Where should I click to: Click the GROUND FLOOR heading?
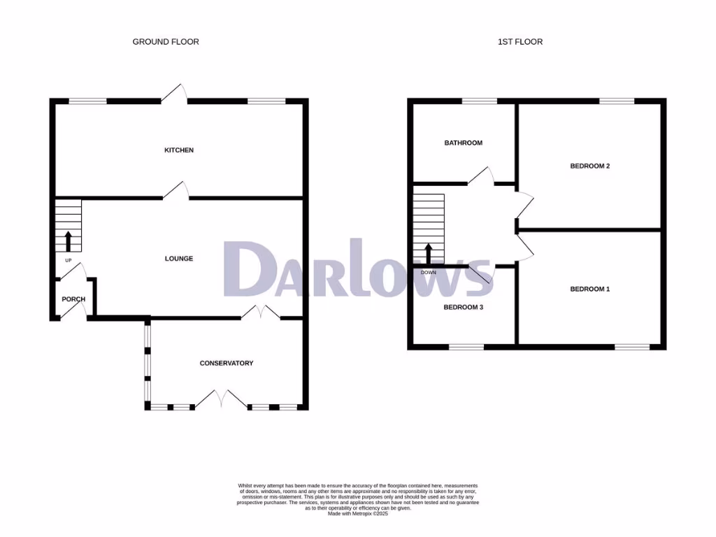point(166,42)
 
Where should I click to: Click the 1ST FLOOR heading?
point(520,42)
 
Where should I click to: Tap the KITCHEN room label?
point(179,150)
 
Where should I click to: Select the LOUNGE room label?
point(179,259)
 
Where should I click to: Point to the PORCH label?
point(73,299)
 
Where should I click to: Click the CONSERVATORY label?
point(227,364)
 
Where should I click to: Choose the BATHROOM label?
point(464,143)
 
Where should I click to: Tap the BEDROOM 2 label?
point(590,166)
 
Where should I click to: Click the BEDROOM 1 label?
point(590,289)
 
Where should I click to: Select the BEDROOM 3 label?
point(463,308)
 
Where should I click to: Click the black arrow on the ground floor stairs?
point(69,241)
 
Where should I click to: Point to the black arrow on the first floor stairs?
point(428,255)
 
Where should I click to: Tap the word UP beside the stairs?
point(69,261)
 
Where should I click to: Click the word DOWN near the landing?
point(428,273)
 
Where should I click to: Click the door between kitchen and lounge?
point(176,192)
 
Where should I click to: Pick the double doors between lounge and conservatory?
point(260,313)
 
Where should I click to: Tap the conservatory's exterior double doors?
point(221,401)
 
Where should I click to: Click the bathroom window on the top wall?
point(479,101)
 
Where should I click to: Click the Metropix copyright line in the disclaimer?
point(358,514)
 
